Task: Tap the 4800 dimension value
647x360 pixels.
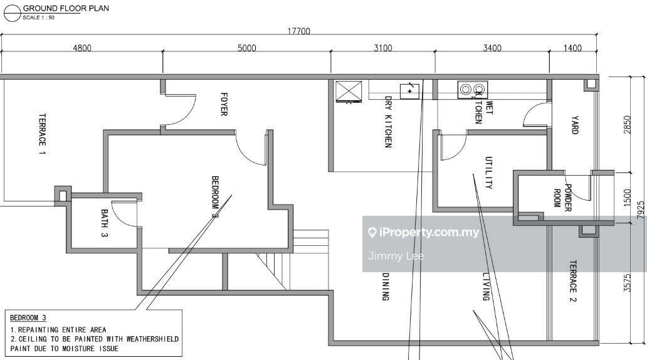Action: point(82,48)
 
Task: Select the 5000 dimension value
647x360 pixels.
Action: point(246,48)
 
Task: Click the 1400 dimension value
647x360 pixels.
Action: point(572,48)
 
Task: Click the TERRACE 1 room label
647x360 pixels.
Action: point(43,134)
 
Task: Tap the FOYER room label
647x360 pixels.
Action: point(223,104)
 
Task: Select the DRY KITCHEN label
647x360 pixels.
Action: point(388,122)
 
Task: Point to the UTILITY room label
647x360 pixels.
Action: point(488,172)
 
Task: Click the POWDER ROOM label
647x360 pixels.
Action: point(562,198)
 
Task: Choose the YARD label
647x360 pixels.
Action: point(574,124)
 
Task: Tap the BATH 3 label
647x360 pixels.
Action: point(104,223)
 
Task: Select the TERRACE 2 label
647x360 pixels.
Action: point(572,277)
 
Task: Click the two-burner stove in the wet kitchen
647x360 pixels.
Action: point(471,89)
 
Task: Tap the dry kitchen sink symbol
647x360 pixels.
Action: point(409,90)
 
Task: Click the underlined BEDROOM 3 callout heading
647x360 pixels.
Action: point(28,319)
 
